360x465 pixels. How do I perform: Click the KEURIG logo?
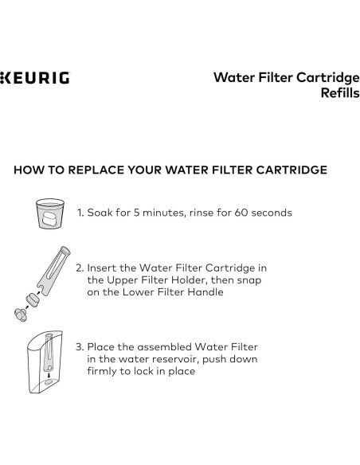(35, 79)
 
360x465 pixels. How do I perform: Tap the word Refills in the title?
(340, 92)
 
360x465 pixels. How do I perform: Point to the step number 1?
(80, 213)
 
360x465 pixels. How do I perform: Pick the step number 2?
(80, 268)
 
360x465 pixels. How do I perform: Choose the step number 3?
(80, 347)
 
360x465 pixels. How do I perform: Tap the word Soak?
(100, 213)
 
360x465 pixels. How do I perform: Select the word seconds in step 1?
(271, 213)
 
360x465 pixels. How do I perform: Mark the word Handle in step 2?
(202, 292)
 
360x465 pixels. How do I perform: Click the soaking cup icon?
(50, 213)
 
